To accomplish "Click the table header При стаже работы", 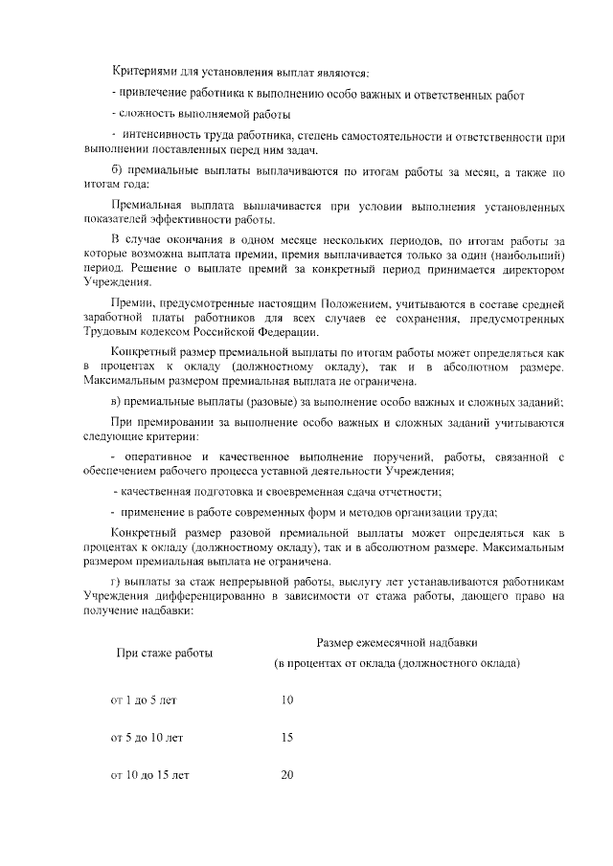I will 164,653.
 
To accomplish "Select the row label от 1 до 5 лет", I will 144,700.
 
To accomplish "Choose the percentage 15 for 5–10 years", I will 287,738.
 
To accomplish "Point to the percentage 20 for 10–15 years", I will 287,775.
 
